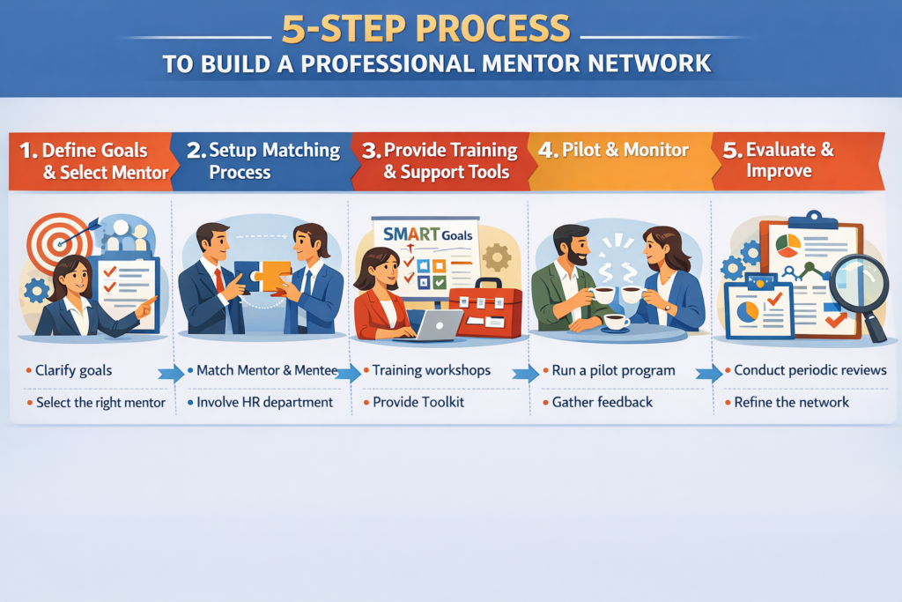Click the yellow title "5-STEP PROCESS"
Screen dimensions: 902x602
(425, 29)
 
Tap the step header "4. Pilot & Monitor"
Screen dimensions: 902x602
(613, 150)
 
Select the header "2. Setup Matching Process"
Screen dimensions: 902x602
(263, 160)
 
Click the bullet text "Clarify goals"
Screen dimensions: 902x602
(74, 370)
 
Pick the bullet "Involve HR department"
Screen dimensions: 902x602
(264, 402)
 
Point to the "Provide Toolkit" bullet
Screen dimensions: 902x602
(418, 402)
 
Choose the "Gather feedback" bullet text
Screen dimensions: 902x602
(603, 402)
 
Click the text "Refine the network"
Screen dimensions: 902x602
(792, 402)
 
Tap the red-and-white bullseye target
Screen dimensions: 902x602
(57, 242)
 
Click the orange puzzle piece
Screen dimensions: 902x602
(273, 276)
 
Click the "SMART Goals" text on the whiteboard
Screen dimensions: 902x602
(427, 234)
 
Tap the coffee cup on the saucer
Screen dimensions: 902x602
(616, 321)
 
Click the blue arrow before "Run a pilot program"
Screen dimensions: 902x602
(525, 374)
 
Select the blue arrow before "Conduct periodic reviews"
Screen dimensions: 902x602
(709, 374)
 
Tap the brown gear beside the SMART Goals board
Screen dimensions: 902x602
(497, 256)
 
